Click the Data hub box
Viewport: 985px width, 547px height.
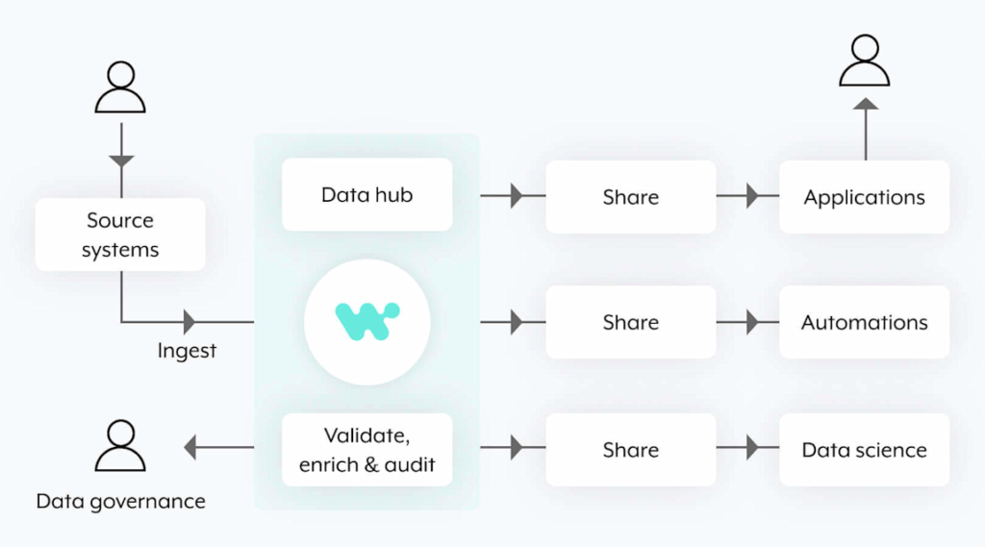pyautogui.click(x=366, y=195)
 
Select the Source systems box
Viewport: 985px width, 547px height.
pyautogui.click(x=120, y=235)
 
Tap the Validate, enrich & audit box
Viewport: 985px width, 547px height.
pyautogui.click(x=366, y=450)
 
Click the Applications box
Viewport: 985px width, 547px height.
pyautogui.click(x=865, y=196)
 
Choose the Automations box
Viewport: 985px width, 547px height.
pyautogui.click(x=865, y=322)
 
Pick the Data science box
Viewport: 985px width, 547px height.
pyautogui.click(x=865, y=450)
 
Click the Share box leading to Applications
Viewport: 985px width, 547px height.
pyautogui.click(x=631, y=196)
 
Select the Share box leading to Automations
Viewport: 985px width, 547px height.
pyautogui.click(x=631, y=322)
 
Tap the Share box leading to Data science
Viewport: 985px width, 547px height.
pyautogui.click(x=631, y=450)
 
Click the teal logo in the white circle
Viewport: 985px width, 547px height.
pyautogui.click(x=366, y=321)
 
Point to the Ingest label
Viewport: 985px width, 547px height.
pyautogui.click(x=187, y=351)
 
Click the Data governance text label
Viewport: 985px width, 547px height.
pyautogui.click(x=120, y=501)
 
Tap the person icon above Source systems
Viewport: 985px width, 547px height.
pyautogui.click(x=120, y=87)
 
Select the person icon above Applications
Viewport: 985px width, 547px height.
pyautogui.click(x=865, y=60)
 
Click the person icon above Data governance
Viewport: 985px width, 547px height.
pyautogui.click(x=120, y=445)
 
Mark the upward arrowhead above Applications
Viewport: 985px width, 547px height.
pyautogui.click(x=866, y=104)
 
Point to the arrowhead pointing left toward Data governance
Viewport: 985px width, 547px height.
pyautogui.click(x=190, y=447)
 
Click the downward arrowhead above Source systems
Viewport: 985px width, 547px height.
pyautogui.click(x=121, y=162)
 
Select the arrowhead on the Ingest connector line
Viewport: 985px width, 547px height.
pyautogui.click(x=189, y=322)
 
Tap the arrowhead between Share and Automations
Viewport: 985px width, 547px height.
pyautogui.click(x=752, y=322)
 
